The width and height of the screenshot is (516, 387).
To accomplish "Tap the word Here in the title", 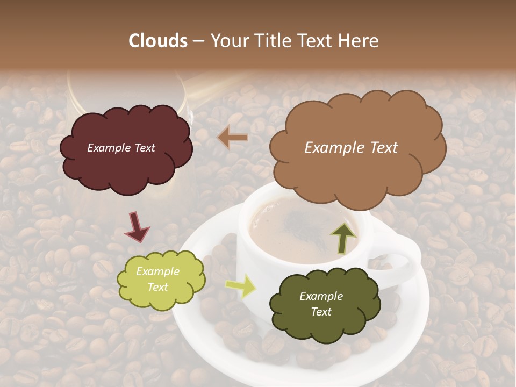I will (x=360, y=41).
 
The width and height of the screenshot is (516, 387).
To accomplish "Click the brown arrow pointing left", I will (x=233, y=138).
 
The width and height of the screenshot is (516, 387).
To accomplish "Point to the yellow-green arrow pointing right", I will (x=240, y=286).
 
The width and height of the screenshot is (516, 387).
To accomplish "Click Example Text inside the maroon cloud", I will (x=121, y=148).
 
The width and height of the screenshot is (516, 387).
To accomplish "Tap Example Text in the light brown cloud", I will (x=351, y=148).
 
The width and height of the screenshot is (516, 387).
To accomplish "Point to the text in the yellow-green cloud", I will (x=157, y=279).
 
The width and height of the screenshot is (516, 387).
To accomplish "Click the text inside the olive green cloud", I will (x=321, y=304).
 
